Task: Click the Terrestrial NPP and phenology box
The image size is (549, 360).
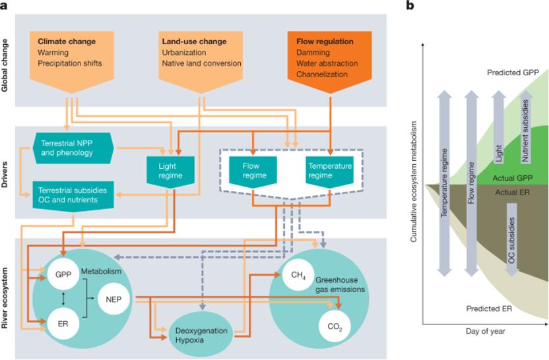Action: (x=73, y=148)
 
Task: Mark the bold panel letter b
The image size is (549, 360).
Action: (x=410, y=6)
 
